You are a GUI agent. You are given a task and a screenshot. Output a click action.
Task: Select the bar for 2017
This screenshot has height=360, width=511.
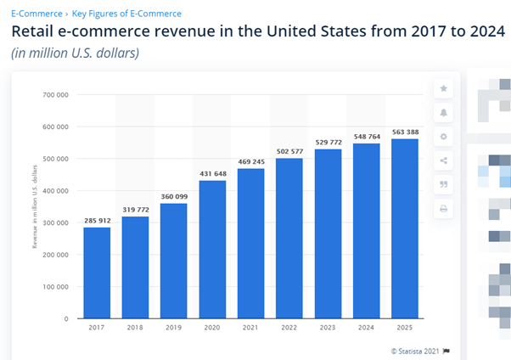[96, 273]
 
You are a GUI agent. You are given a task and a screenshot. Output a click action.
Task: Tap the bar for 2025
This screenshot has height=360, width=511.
[405, 228]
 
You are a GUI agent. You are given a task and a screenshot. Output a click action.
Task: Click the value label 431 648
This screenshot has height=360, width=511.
[212, 174]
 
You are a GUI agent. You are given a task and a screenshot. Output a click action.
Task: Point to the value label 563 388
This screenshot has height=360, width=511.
[405, 132]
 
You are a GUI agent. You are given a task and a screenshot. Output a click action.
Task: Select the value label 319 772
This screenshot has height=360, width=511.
[135, 210]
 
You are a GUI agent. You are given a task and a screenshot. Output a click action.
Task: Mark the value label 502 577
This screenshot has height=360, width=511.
[289, 151]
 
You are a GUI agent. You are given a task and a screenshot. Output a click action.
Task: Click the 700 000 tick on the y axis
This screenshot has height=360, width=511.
[56, 94]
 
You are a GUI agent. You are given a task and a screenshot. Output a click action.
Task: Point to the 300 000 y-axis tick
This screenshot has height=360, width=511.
[56, 222]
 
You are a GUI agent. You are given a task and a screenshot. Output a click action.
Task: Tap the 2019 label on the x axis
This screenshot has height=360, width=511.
[173, 328]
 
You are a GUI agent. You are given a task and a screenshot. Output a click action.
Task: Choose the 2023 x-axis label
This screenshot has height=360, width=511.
[328, 328]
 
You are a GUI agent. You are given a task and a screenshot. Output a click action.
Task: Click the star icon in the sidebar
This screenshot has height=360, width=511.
[443, 89]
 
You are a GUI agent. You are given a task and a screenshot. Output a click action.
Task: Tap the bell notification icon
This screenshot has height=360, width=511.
[443, 113]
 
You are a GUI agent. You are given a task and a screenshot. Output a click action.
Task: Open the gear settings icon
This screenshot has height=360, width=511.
[443, 137]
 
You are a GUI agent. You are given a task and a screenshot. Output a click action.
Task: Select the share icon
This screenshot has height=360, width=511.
[443, 160]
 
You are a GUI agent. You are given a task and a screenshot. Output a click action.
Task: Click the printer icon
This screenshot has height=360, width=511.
[443, 208]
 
